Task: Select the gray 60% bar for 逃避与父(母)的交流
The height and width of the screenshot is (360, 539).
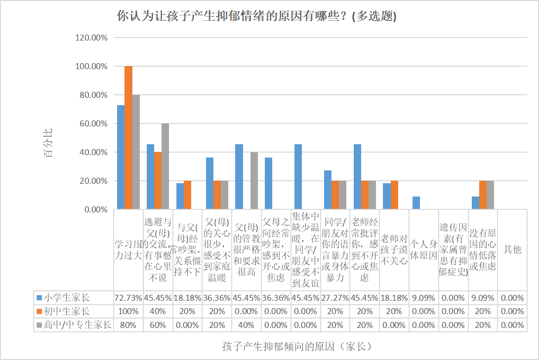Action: click(165, 166)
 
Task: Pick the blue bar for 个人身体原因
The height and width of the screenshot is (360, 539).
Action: click(416, 203)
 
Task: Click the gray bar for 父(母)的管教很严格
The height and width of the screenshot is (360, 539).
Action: click(254, 181)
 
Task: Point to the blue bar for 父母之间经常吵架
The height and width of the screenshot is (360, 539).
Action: click(269, 183)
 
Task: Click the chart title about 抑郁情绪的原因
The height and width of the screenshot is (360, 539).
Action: click(256, 16)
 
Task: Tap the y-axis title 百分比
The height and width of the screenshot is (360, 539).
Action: click(48, 143)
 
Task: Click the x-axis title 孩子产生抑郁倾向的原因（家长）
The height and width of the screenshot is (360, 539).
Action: click(297, 346)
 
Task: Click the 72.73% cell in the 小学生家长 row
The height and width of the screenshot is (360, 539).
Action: click(128, 298)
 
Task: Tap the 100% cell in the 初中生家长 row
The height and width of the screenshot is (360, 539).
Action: click(128, 312)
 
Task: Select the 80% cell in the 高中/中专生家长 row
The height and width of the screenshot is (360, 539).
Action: click(128, 325)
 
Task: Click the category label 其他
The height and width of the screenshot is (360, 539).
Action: click(512, 250)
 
